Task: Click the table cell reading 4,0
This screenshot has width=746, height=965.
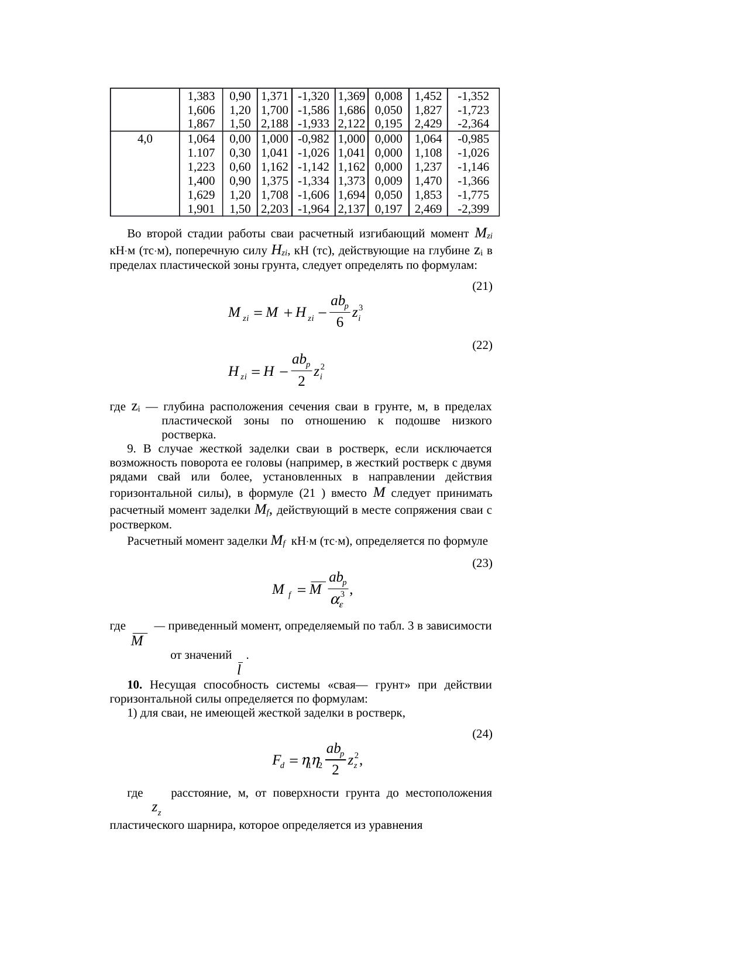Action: tap(145, 139)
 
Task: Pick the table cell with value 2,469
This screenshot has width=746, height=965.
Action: tap(428, 209)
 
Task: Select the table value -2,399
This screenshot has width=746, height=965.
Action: tap(473, 209)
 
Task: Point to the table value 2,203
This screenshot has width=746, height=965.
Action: tap(274, 209)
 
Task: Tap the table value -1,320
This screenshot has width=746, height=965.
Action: tap(313, 96)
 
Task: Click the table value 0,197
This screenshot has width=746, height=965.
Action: tap(388, 209)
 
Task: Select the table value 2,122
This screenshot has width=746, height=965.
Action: tap(352, 124)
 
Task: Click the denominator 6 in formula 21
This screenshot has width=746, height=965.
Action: tap(339, 323)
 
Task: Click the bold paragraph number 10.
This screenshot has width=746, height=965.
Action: tap(135, 684)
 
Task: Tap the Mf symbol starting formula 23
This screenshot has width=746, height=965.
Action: tap(281, 590)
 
